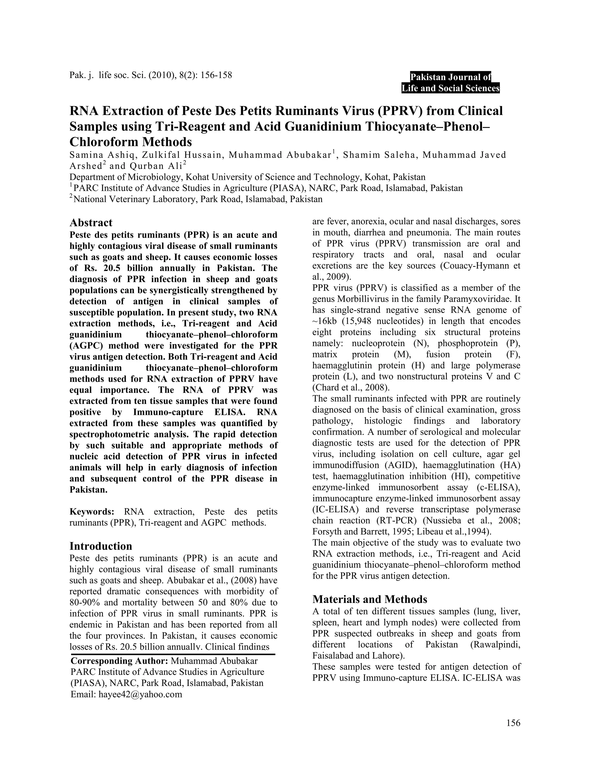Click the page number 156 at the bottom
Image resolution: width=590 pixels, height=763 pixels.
click(513, 723)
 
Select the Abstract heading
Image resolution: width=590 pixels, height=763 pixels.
click(91, 223)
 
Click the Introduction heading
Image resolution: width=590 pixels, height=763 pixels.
click(101, 546)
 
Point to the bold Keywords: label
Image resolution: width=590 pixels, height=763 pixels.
click(92, 512)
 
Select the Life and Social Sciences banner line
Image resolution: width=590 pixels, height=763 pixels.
click(451, 88)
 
